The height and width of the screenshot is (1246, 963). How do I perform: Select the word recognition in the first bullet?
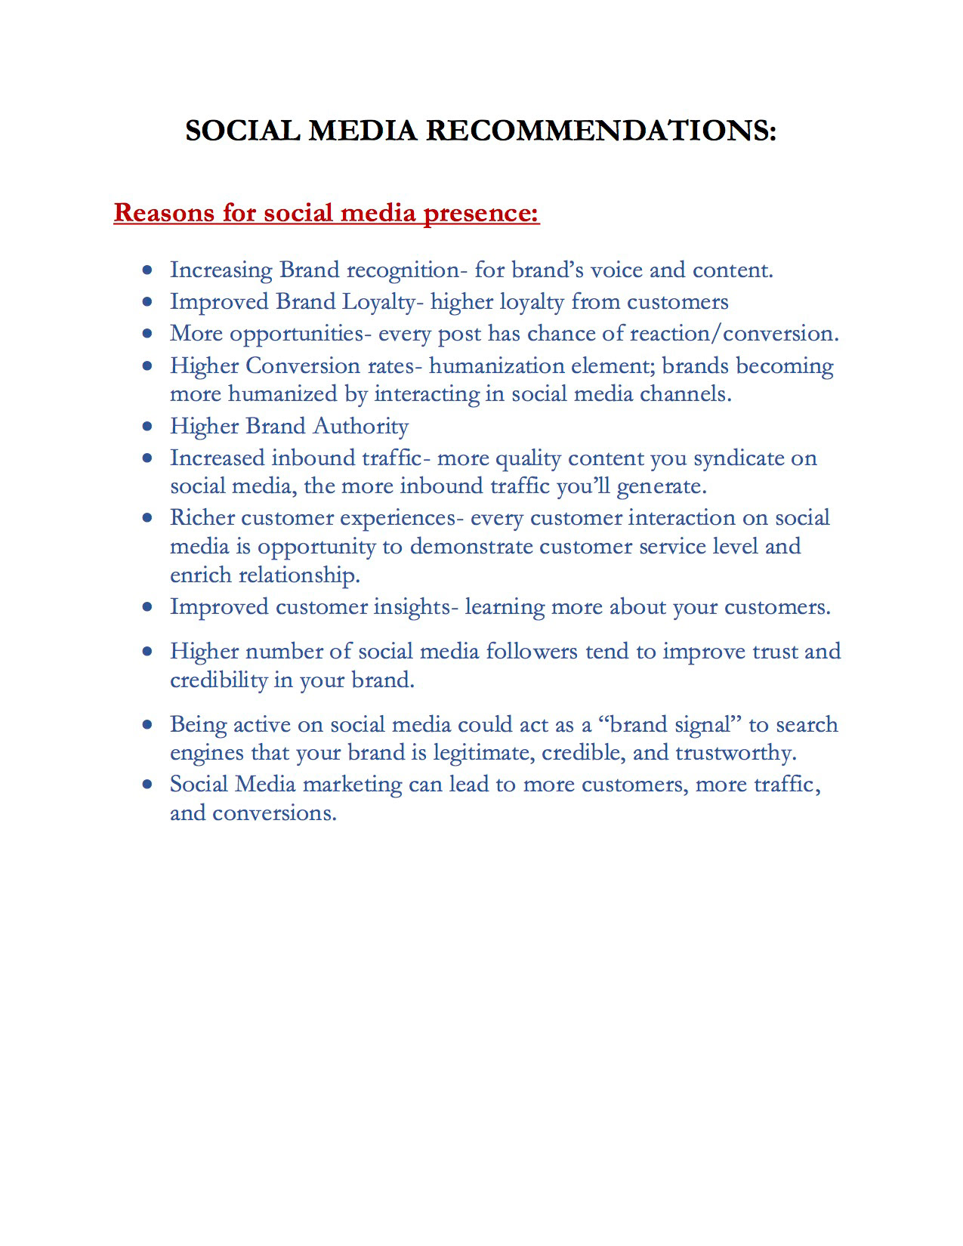click(x=403, y=270)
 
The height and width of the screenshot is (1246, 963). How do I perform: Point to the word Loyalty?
click(x=378, y=302)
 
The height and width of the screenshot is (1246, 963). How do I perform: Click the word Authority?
click(x=361, y=427)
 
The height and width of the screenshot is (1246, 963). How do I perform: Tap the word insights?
click(x=414, y=607)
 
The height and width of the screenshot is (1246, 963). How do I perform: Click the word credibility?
click(x=219, y=680)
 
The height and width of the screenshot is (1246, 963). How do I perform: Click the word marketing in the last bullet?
click(x=352, y=785)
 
